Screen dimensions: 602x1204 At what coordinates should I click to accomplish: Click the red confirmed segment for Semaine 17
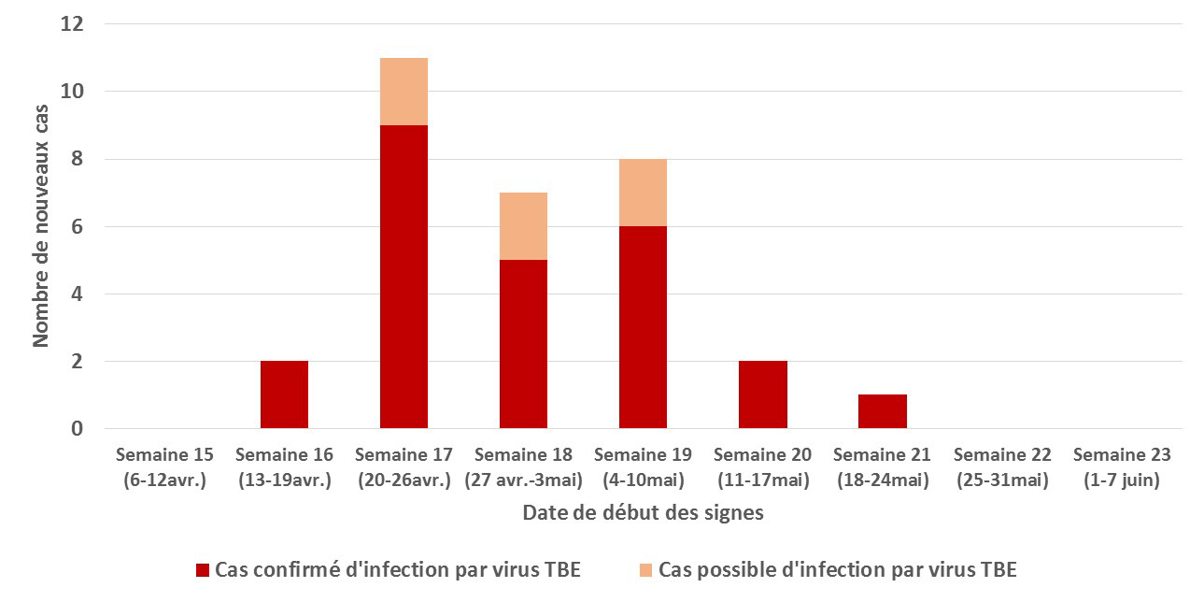[404, 277]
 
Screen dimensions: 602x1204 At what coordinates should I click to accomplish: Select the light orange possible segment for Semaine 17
[404, 92]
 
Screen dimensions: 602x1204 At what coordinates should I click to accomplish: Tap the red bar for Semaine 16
[284, 394]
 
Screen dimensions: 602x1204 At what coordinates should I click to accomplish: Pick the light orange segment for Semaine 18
[523, 226]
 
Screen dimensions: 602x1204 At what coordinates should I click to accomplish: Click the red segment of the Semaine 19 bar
[643, 327]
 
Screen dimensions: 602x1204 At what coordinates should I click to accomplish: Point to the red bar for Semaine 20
[762, 394]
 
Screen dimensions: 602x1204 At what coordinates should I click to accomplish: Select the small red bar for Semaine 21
[882, 411]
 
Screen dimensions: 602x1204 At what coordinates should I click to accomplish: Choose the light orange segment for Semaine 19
[643, 193]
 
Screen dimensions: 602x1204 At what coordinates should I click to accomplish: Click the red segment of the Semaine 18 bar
[523, 344]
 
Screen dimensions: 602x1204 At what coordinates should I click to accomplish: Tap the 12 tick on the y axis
[72, 24]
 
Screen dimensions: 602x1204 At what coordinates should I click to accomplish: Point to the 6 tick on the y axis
[78, 226]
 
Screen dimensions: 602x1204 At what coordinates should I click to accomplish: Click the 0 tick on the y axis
[78, 429]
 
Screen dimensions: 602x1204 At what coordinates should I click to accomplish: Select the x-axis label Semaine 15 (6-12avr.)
[164, 467]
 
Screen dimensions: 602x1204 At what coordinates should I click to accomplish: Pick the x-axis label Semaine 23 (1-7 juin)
[1121, 467]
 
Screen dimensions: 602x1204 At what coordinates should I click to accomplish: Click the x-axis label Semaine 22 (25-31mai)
[1001, 467]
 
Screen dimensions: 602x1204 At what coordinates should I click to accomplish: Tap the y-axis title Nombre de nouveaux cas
[41, 226]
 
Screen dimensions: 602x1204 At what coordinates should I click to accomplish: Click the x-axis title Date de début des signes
[643, 513]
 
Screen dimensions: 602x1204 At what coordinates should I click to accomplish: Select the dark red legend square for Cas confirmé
[203, 570]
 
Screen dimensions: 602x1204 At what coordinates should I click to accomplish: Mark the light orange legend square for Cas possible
[645, 570]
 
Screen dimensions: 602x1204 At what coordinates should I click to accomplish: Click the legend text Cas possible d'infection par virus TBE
[837, 570]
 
